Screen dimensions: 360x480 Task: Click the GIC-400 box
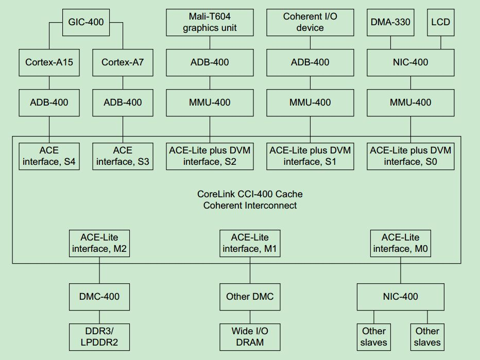[x=86, y=22]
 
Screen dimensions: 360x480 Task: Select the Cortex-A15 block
[x=49, y=62]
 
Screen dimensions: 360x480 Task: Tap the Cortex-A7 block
[x=123, y=62]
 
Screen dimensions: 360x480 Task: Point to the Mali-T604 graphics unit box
[x=210, y=22]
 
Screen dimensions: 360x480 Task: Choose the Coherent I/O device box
[x=310, y=22]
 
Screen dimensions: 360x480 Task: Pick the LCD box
[x=440, y=22]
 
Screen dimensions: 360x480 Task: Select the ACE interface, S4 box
[x=49, y=156]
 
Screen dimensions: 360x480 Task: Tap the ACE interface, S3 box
[x=123, y=156]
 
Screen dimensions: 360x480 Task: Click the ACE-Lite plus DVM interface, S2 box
[x=210, y=156]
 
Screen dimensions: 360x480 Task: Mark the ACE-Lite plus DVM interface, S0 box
[x=410, y=156]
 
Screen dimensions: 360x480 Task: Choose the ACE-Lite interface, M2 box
[x=99, y=243]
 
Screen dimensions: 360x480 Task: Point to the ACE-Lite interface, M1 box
[x=250, y=243]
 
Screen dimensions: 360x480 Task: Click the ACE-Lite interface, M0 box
[x=400, y=243]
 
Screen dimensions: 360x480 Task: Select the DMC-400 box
[x=99, y=297]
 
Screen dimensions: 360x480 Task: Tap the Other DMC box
[x=250, y=297]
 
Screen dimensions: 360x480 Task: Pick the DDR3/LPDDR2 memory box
[x=99, y=337]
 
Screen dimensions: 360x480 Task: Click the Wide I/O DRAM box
[x=250, y=337]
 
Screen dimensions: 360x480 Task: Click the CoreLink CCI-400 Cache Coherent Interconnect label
[x=250, y=200]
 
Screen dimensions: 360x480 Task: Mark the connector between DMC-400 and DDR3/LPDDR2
[x=99, y=317]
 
